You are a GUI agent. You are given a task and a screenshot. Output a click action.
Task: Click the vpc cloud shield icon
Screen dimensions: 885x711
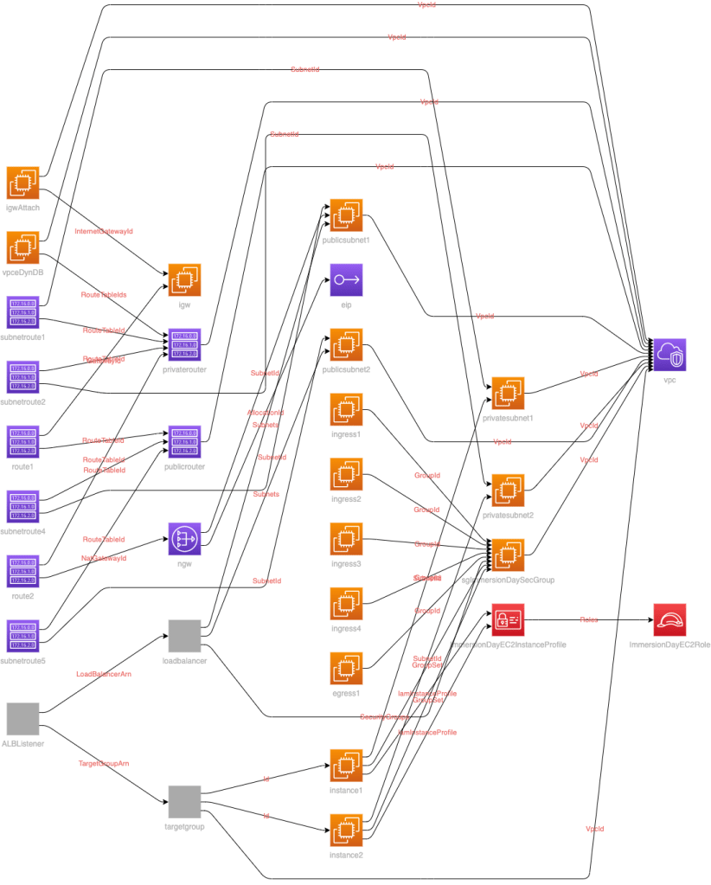pyautogui.click(x=669, y=355)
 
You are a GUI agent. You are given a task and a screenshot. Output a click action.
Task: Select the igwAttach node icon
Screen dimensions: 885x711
pyautogui.click(x=22, y=183)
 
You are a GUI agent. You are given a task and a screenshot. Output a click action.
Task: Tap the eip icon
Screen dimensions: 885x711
pyautogui.click(x=346, y=279)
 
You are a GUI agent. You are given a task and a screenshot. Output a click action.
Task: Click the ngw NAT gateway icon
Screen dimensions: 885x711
pyautogui.click(x=184, y=539)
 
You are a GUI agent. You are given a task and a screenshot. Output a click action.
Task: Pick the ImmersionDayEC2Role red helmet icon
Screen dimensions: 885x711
pyautogui.click(x=669, y=620)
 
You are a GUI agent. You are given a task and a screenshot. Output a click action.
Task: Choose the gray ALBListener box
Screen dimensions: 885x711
pyautogui.click(x=22, y=719)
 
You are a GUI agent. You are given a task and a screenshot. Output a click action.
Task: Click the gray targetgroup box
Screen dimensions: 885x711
pyautogui.click(x=184, y=802)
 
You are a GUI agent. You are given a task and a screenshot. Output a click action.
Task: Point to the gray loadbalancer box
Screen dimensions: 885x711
pyautogui.click(x=184, y=636)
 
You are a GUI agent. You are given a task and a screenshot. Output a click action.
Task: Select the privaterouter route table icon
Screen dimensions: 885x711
pyautogui.click(x=184, y=344)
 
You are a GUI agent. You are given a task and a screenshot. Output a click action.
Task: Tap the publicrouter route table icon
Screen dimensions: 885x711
pyautogui.click(x=184, y=441)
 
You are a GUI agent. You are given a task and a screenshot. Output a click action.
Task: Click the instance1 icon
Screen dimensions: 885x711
pyautogui.click(x=346, y=766)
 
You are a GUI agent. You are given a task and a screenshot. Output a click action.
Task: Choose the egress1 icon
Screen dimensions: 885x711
pyautogui.click(x=346, y=669)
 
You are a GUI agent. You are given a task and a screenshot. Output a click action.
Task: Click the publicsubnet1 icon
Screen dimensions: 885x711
pyautogui.click(x=346, y=215)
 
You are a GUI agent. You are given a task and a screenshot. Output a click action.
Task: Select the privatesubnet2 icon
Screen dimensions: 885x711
pyautogui.click(x=508, y=490)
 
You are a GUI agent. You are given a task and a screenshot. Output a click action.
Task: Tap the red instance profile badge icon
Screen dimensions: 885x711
pyautogui.click(x=508, y=620)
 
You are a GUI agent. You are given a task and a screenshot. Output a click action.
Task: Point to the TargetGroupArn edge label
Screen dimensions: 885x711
pyautogui.click(x=104, y=764)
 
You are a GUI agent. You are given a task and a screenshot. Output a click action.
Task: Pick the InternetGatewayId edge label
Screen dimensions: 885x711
pyautogui.click(x=104, y=232)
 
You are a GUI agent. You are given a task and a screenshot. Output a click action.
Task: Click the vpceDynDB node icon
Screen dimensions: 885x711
pyautogui.click(x=22, y=247)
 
